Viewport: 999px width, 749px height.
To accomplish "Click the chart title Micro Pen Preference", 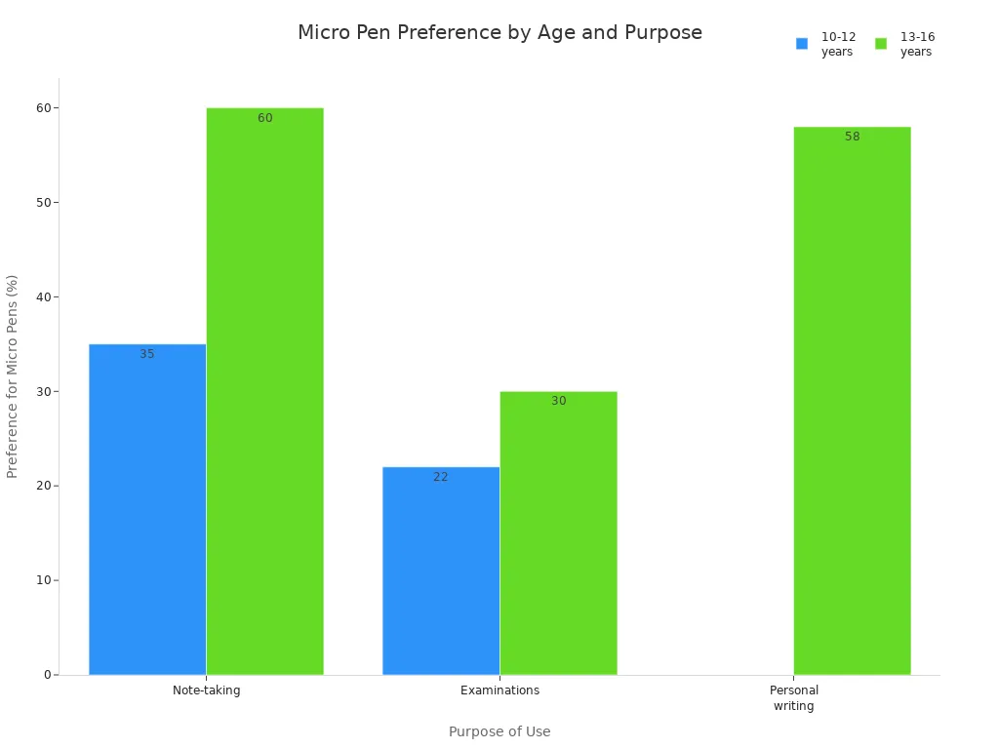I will click(499, 33).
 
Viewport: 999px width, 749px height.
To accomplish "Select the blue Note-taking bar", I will click(147, 509).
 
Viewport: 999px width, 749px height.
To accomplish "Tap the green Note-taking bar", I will click(264, 390).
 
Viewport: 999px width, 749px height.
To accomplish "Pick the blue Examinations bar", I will click(441, 571).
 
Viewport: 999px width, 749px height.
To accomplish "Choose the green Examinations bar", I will click(558, 532).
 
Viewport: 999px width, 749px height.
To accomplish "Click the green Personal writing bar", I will click(852, 400).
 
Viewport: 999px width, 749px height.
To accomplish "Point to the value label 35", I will click(147, 354).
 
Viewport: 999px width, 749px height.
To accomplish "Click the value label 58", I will click(852, 137).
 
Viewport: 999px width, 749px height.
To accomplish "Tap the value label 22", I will click(441, 477).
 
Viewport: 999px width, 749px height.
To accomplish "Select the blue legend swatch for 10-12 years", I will click(802, 44).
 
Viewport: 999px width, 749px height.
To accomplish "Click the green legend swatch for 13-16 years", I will click(881, 44).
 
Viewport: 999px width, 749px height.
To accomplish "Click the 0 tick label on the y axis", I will click(47, 675).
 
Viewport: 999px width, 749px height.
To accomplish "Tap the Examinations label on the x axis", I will click(499, 690).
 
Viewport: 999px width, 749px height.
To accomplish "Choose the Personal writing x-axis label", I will click(793, 698).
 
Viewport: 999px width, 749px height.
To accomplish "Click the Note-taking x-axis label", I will click(206, 690).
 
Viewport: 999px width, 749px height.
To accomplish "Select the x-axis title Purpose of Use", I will click(499, 731).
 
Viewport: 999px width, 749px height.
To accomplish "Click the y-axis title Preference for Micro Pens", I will click(13, 376).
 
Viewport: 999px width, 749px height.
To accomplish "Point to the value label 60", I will click(264, 118).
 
